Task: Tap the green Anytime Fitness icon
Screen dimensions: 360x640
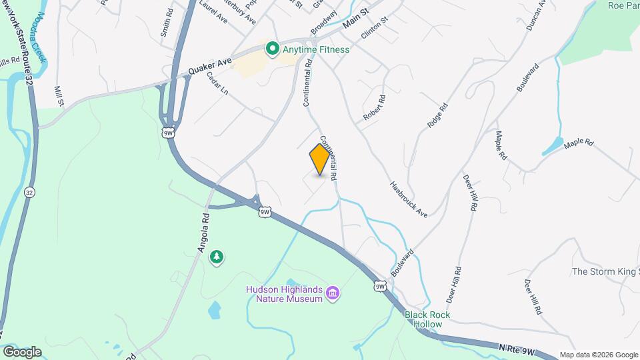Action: pos(272,49)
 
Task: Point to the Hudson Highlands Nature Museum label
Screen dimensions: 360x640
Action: pos(285,294)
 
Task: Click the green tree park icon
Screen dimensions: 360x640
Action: pos(216,257)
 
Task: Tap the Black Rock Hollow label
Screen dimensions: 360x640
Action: pos(427,319)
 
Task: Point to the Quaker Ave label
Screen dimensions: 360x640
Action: pos(209,65)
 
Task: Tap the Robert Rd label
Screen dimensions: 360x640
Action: pos(375,107)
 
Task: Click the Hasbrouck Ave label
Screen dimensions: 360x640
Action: pos(409,199)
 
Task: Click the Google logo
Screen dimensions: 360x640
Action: pos(22,351)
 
